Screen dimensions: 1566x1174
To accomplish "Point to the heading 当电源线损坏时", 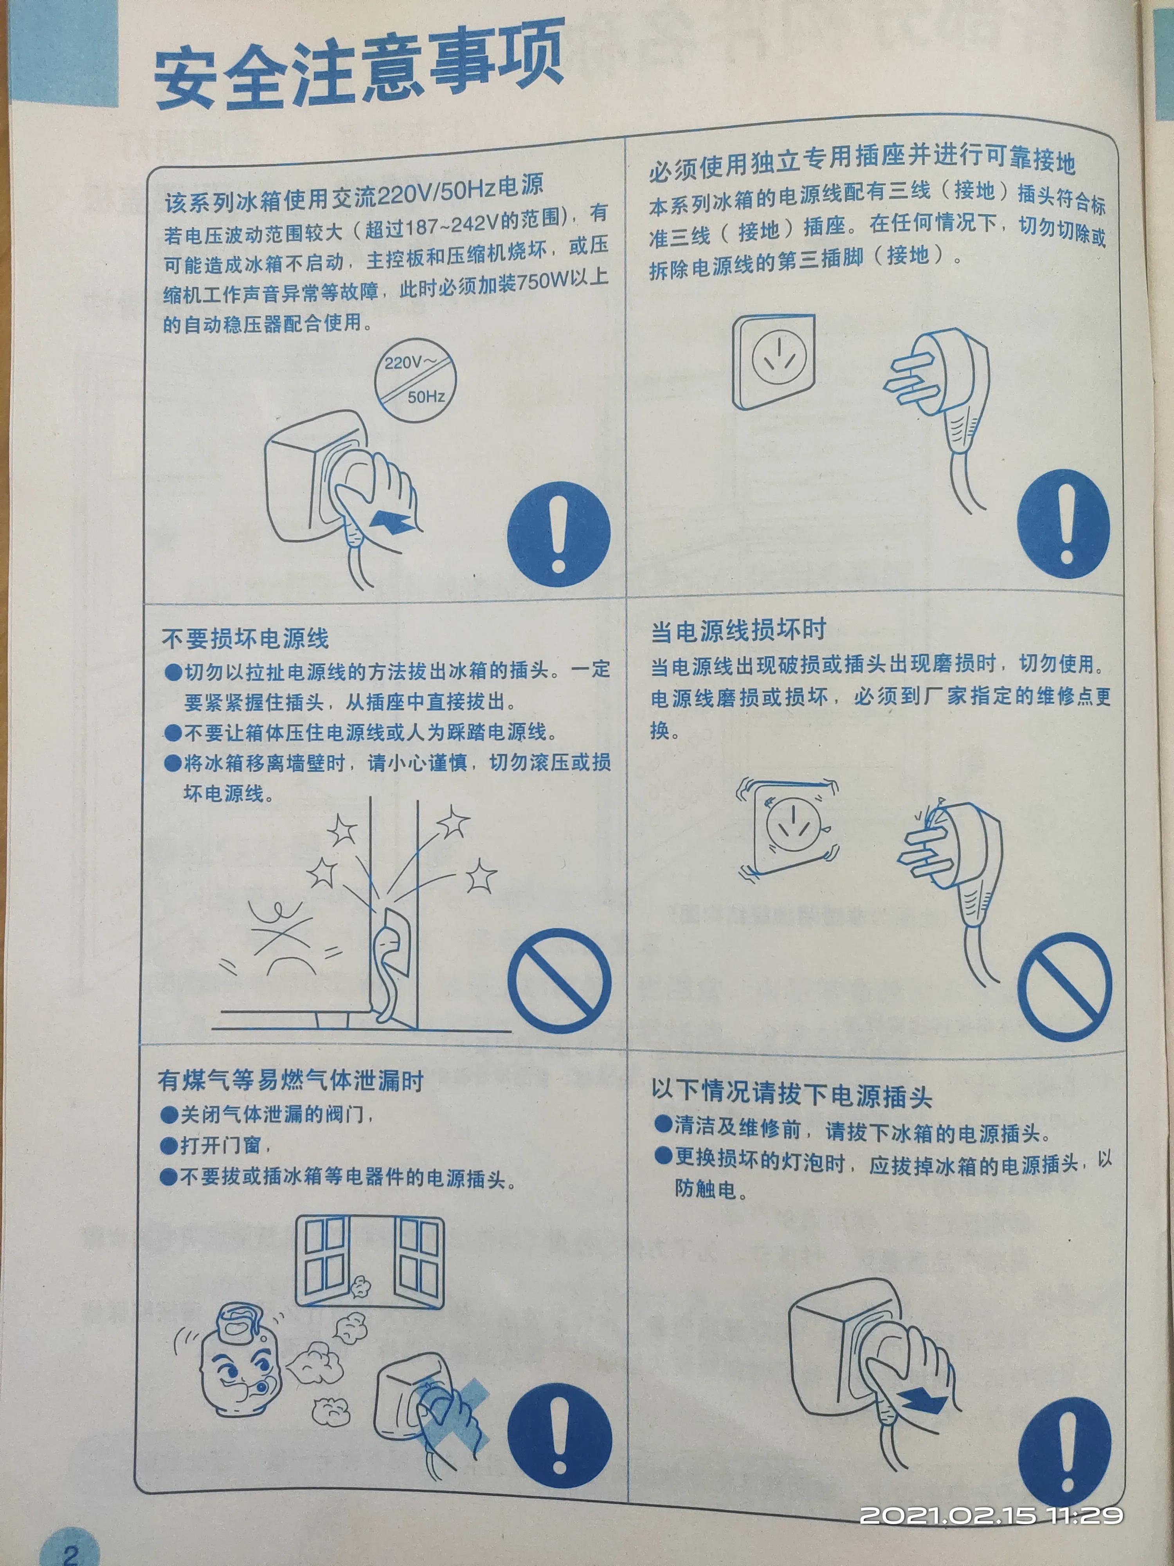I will tap(738, 629).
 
